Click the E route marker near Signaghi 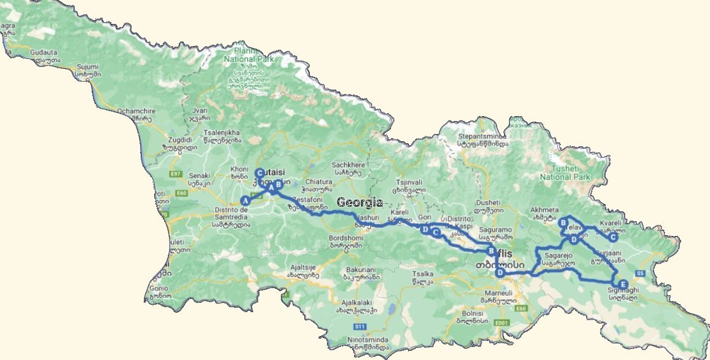pyautogui.click(x=623, y=284)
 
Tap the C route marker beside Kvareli pyautogui.click(x=612, y=237)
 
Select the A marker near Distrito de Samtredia pyautogui.click(x=245, y=200)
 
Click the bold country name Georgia pyautogui.click(x=360, y=202)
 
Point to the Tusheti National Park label pyautogui.click(x=564, y=173)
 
